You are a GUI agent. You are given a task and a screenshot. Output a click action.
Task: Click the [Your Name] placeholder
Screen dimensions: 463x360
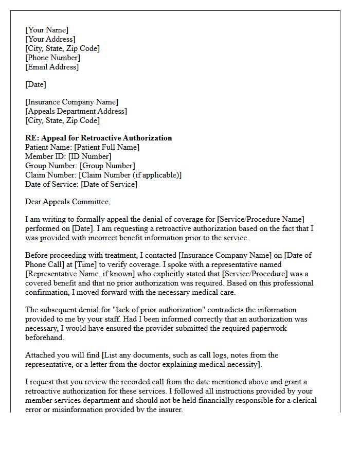pyautogui.click(x=47, y=30)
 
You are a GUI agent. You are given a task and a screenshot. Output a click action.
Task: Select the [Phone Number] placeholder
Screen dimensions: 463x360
pyautogui.click(x=52, y=58)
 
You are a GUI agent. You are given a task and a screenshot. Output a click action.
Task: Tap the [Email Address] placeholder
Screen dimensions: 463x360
pyautogui.click(x=52, y=67)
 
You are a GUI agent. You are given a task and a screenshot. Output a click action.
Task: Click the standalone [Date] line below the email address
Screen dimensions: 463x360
pyautogui.click(x=35, y=84)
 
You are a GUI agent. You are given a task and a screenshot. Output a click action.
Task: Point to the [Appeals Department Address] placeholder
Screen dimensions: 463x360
pyautogui.click(x=76, y=111)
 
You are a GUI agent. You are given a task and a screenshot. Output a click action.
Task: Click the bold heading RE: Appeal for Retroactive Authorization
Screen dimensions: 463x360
pyautogui.click(x=99, y=138)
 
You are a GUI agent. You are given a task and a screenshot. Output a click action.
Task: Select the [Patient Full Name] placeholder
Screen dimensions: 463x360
pyautogui.click(x=106, y=147)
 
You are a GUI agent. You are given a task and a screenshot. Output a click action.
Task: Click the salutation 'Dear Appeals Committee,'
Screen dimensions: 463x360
pyautogui.click(x=68, y=202)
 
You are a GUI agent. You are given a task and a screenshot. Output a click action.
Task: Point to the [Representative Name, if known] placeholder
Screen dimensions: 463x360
pyautogui.click(x=85, y=274)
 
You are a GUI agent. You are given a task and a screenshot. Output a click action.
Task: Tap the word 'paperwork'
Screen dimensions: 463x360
pyautogui.click(x=268, y=328)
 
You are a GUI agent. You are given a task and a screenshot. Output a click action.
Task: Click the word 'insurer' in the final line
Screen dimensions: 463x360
pyautogui.click(x=169, y=409)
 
